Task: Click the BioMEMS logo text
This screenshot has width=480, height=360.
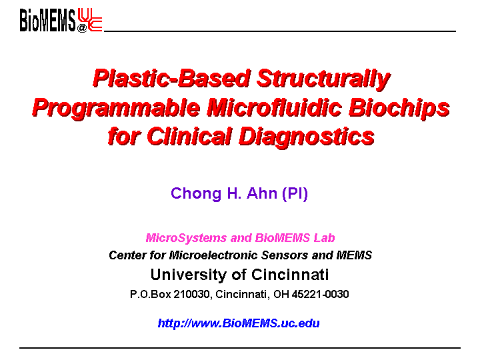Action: [47, 20]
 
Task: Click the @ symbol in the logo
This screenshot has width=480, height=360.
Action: [82, 28]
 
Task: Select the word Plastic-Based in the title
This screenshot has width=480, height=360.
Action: [172, 79]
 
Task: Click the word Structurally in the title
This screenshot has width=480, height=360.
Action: [323, 79]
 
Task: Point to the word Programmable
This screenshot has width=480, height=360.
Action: [116, 109]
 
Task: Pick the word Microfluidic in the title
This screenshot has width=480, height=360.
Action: [274, 107]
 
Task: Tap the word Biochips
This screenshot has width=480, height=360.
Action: [399, 108]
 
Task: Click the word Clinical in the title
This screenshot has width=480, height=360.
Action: [189, 136]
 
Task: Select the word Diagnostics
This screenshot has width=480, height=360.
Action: [307, 137]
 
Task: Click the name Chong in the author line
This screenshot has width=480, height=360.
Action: [196, 194]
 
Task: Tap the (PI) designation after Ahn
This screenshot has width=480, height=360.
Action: [295, 194]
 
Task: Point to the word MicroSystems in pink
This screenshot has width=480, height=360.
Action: [186, 238]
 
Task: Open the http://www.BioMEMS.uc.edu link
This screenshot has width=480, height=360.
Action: [239, 323]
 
